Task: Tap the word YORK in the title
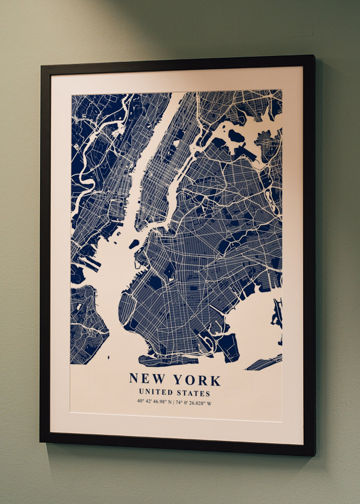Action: pyautogui.click(x=196, y=380)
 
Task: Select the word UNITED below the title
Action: pyautogui.click(x=156, y=392)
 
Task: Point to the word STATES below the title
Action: pyautogui.click(x=194, y=393)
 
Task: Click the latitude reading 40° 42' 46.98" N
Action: pyautogui.click(x=155, y=402)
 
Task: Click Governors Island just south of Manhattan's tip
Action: pyautogui.click(x=134, y=244)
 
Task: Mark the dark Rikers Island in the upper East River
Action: pyautogui.click(x=236, y=135)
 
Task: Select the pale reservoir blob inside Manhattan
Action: pyautogui.click(x=176, y=143)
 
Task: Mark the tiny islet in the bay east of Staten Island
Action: pyautogui.click(x=109, y=357)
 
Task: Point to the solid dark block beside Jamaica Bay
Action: pyautogui.click(x=229, y=347)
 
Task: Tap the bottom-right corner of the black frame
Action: pyautogui.click(x=315, y=455)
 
